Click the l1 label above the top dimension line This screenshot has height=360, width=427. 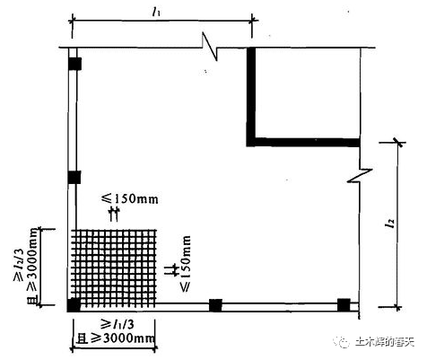[155, 12]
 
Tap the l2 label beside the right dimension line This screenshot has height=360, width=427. [389, 223]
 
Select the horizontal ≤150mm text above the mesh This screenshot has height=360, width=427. [130, 198]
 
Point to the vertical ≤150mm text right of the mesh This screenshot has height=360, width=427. [186, 263]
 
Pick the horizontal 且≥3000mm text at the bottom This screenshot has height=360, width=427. [116, 338]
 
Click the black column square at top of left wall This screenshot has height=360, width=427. [74, 64]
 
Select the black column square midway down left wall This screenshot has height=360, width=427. [74, 177]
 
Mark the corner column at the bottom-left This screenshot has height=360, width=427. [74, 305]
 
